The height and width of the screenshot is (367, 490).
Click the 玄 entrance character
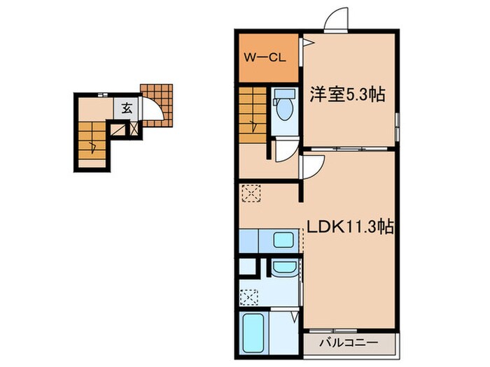127,108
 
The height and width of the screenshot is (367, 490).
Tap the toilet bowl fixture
283,108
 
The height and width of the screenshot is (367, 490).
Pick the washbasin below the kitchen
283,267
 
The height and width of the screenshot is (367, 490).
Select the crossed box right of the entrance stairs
116,129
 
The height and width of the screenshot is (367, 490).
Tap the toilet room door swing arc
284,150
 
